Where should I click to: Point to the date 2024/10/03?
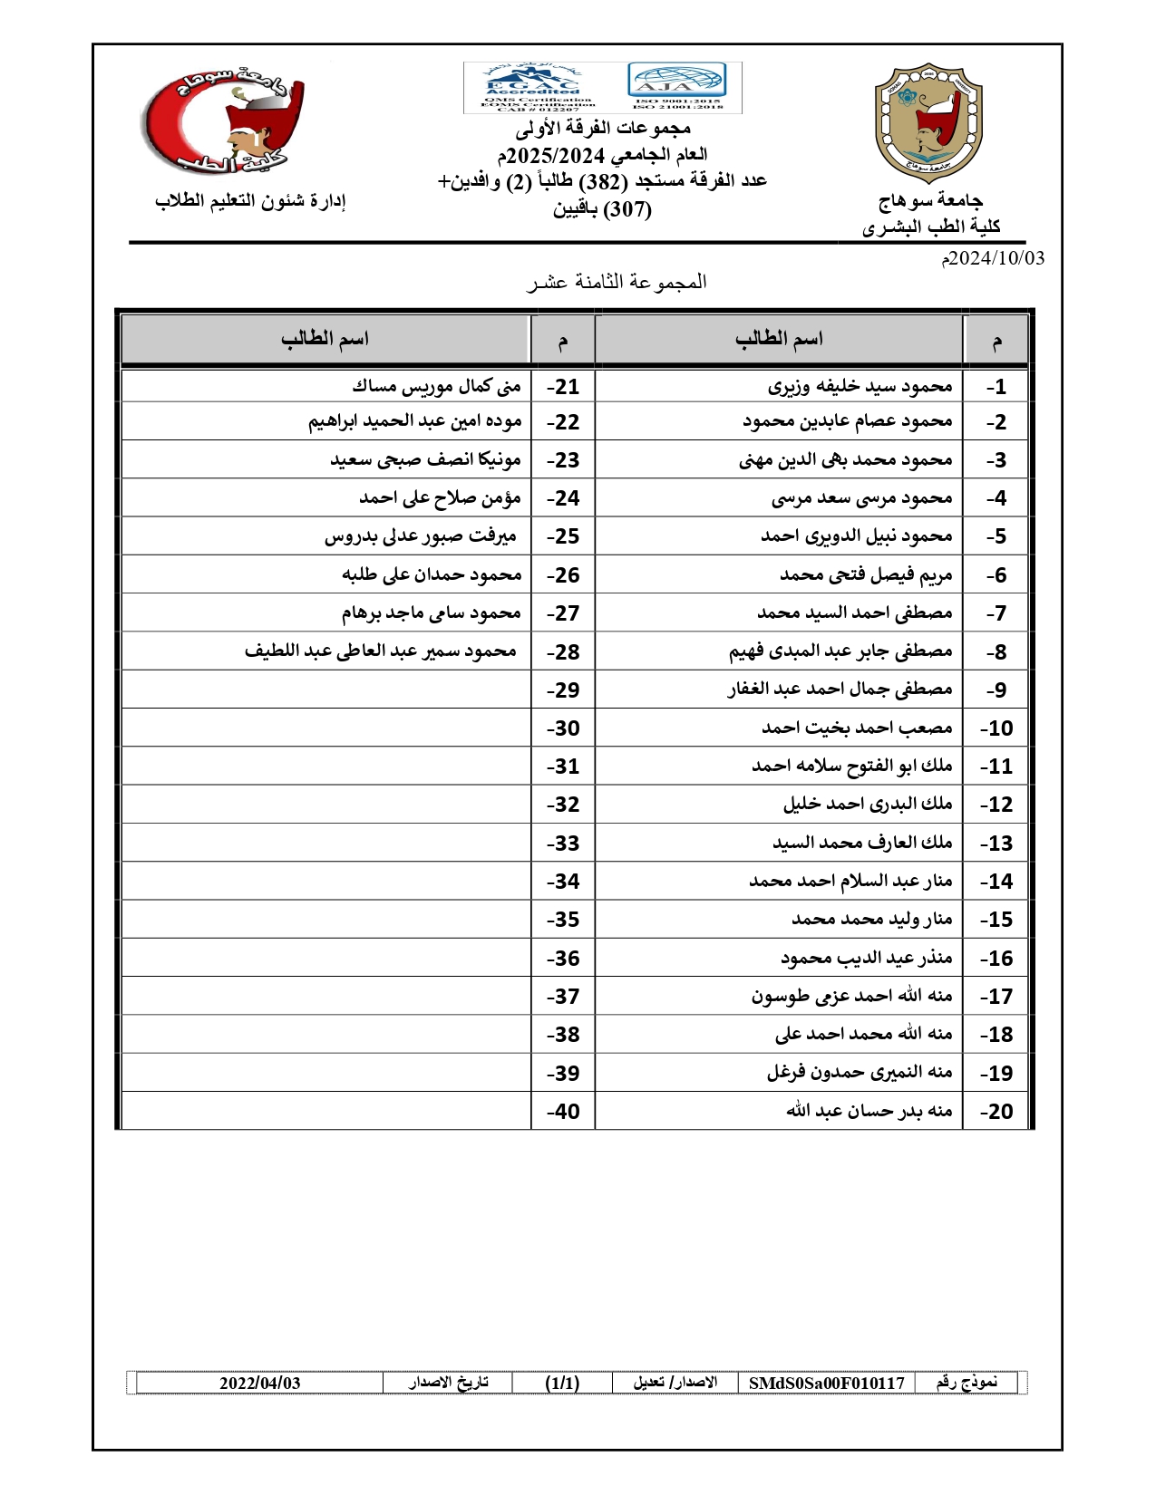(993, 258)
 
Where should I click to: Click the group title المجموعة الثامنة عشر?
(617, 283)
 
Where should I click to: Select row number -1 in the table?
(996, 387)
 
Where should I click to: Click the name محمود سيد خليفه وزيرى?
(860, 387)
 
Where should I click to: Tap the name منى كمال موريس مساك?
(437, 387)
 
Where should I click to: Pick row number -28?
(563, 652)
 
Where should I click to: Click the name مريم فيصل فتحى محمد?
(866, 575)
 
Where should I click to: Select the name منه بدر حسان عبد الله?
(869, 1111)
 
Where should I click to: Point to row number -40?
(563, 1112)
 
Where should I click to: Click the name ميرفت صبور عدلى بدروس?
(421, 536)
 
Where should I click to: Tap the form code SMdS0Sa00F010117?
(826, 1384)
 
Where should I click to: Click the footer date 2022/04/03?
(259, 1384)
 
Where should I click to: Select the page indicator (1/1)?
(562, 1384)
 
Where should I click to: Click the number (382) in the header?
(603, 182)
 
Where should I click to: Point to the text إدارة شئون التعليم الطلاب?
(251, 201)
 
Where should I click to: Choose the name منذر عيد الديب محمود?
(866, 958)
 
